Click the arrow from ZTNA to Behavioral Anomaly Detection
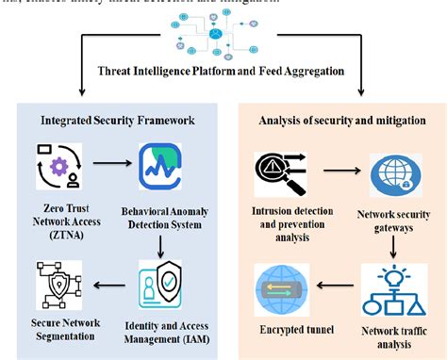[108, 161]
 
